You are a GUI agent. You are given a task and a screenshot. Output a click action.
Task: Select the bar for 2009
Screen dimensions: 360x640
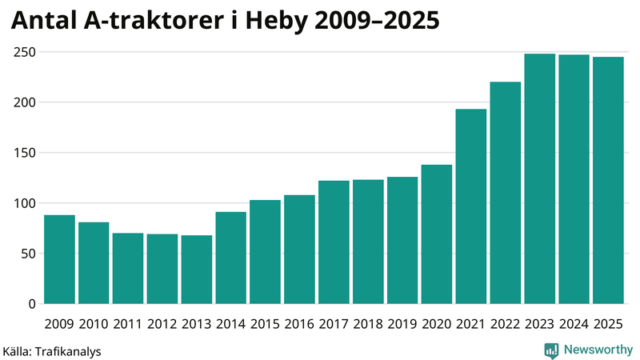tap(59, 259)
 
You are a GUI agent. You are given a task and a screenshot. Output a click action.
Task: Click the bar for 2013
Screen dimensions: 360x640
tap(197, 270)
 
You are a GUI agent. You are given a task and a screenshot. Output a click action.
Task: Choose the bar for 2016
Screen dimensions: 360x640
tap(300, 250)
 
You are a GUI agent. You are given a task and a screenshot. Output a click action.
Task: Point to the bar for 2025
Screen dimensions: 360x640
tap(609, 180)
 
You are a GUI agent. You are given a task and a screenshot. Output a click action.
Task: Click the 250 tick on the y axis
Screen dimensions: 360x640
tap(24, 52)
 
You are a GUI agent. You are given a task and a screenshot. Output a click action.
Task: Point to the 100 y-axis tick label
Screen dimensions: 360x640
tap(24, 203)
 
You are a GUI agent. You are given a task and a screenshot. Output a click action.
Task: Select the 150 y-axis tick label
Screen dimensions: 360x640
tap(24, 153)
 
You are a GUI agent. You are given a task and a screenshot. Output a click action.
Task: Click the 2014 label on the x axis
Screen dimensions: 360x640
tap(231, 324)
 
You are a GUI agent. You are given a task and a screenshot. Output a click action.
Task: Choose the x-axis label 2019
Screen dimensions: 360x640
tap(402, 324)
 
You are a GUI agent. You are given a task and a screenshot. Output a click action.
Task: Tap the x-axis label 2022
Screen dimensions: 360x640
tap(506, 324)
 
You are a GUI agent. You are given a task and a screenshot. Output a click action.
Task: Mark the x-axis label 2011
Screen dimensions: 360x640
tap(128, 324)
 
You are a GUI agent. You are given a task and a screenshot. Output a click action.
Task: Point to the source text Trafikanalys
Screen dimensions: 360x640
tap(68, 350)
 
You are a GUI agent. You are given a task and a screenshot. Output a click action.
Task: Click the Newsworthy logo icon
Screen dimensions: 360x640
tap(551, 350)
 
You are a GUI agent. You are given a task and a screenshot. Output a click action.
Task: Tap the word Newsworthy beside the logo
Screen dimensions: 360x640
tap(598, 350)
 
